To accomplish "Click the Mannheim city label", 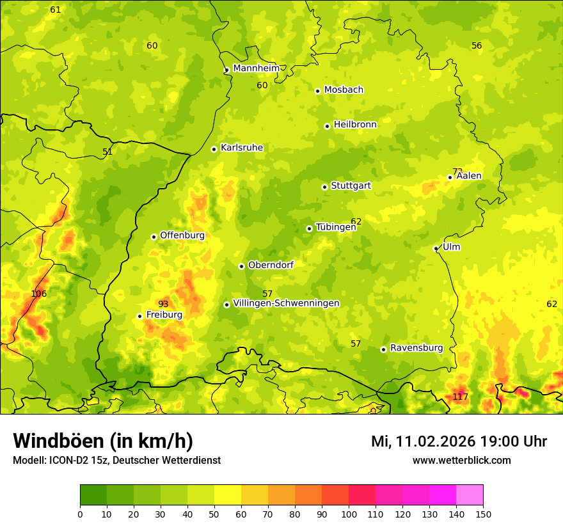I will click(x=257, y=68).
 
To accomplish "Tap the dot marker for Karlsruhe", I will click(x=214, y=149).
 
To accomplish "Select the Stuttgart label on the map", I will click(x=351, y=186).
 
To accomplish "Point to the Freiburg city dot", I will click(x=139, y=316).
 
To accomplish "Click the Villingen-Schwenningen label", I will click(x=286, y=303).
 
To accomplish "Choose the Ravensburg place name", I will click(x=416, y=348).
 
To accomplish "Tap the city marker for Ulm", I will click(x=436, y=248).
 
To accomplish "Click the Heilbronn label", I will click(x=355, y=125).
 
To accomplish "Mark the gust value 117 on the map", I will click(x=461, y=397).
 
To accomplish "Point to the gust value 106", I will click(x=39, y=294).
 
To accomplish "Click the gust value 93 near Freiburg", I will click(x=163, y=304).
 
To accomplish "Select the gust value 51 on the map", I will click(x=107, y=152).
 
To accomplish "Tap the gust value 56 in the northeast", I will click(x=477, y=45).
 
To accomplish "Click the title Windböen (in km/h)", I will click(x=103, y=441).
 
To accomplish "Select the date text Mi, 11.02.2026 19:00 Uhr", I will click(x=459, y=441).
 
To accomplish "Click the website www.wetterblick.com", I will click(x=461, y=460).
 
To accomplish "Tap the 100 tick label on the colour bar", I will click(x=349, y=514).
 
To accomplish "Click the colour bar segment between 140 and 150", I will click(x=470, y=495).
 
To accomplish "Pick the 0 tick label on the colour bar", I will click(x=80, y=514).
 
